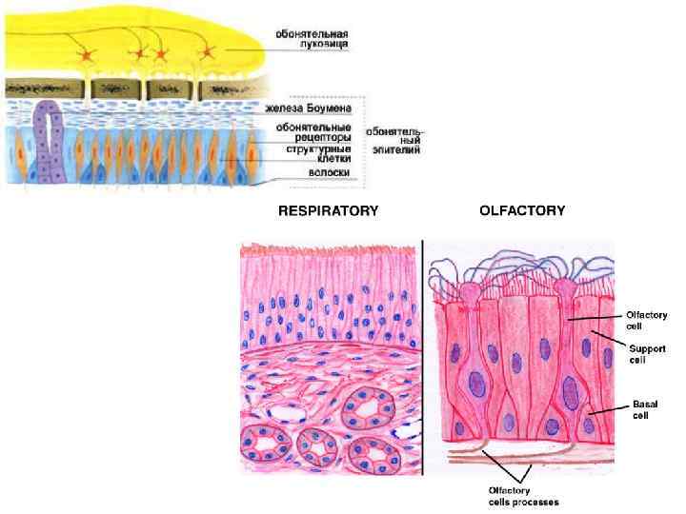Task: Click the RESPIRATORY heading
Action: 327,210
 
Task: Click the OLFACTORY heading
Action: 522,210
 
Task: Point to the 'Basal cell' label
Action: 645,410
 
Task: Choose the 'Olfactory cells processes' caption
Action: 517,496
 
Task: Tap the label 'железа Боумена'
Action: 314,109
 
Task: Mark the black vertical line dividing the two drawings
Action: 422,357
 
